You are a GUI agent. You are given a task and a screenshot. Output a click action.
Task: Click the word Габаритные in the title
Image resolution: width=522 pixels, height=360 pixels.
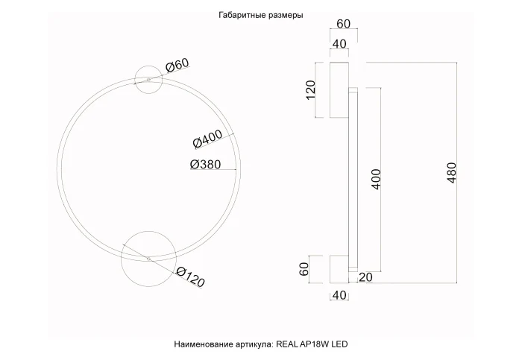(x=242, y=15)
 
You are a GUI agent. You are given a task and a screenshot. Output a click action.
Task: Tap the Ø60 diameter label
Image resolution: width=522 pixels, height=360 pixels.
(x=177, y=66)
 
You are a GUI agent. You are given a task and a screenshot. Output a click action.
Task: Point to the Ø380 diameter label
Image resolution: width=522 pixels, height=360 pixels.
(x=205, y=165)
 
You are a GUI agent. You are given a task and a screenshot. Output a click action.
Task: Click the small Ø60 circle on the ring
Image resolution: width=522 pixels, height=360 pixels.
(x=148, y=79)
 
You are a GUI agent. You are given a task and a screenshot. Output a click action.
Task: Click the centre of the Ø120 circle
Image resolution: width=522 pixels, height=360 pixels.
(x=148, y=258)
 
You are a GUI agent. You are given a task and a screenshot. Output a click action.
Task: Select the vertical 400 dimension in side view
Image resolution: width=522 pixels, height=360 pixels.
(x=377, y=179)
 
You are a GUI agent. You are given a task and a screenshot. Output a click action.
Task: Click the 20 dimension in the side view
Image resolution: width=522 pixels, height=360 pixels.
(x=365, y=277)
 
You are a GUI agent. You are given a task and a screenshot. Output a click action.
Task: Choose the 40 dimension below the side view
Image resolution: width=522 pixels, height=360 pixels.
(x=339, y=297)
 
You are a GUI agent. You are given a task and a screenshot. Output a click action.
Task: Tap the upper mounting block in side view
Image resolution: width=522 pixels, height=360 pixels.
(x=339, y=89)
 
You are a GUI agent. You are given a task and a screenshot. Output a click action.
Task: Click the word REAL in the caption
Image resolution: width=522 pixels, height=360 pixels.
(x=289, y=344)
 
